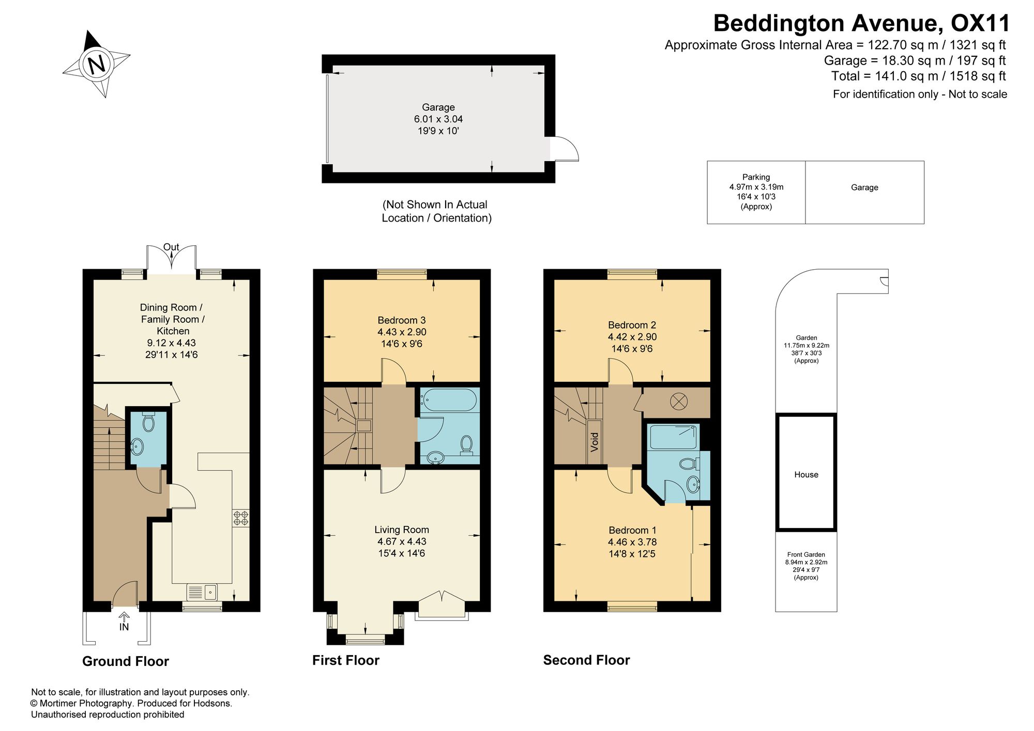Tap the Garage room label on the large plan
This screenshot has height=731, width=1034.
click(x=438, y=107)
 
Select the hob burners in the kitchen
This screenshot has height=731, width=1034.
click(x=241, y=518)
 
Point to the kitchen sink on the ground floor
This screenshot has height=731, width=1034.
click(x=202, y=592)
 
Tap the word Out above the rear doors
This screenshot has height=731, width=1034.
click(x=171, y=247)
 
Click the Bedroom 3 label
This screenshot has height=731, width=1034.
click(x=402, y=320)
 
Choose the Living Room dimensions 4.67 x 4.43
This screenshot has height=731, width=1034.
click(x=402, y=541)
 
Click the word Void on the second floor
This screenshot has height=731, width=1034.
click(x=595, y=442)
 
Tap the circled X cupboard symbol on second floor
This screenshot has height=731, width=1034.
click(x=677, y=401)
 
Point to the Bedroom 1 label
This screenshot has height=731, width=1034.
click(x=632, y=530)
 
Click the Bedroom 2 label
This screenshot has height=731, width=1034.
click(x=632, y=325)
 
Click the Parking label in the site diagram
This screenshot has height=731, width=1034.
click(x=756, y=177)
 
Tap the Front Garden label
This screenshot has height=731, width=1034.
click(x=806, y=555)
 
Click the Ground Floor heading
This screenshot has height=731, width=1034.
click(x=126, y=661)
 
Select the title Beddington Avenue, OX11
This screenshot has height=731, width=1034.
click(x=861, y=23)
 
